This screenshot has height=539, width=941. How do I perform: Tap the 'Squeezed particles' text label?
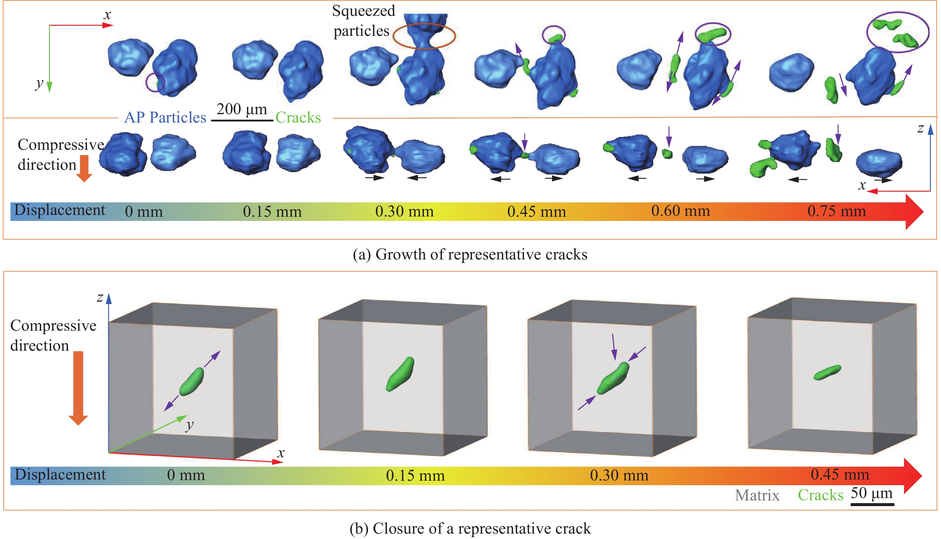(x=363, y=21)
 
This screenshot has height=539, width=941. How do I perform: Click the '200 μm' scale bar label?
(x=242, y=109)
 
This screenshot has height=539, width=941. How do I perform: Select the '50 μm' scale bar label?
(x=871, y=493)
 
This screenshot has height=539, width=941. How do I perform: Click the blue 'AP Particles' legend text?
(x=165, y=118)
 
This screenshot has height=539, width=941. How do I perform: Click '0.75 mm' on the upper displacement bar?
(x=837, y=211)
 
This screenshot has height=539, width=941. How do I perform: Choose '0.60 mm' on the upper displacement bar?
(x=681, y=211)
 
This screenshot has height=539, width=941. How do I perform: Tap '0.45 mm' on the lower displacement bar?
(x=840, y=475)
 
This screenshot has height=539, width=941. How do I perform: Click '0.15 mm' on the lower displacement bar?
(x=415, y=475)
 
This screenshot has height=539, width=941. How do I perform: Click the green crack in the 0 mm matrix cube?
(x=191, y=381)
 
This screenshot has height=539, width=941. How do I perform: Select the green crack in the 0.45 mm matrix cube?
(x=827, y=372)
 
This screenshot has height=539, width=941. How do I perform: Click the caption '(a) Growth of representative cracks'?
(x=470, y=255)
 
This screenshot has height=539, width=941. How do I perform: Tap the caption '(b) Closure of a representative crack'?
(x=470, y=529)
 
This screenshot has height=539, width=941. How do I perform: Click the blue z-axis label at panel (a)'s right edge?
(x=920, y=129)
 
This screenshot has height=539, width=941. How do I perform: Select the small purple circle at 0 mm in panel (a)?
(x=155, y=82)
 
